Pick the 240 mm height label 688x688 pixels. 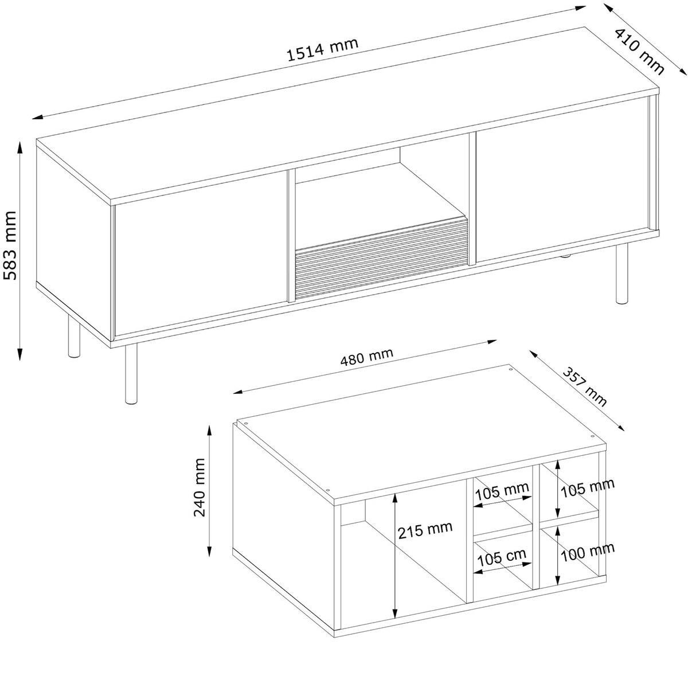coord(199,487)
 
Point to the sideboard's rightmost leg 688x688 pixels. coord(621,273)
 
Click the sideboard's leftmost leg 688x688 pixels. coord(74,337)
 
